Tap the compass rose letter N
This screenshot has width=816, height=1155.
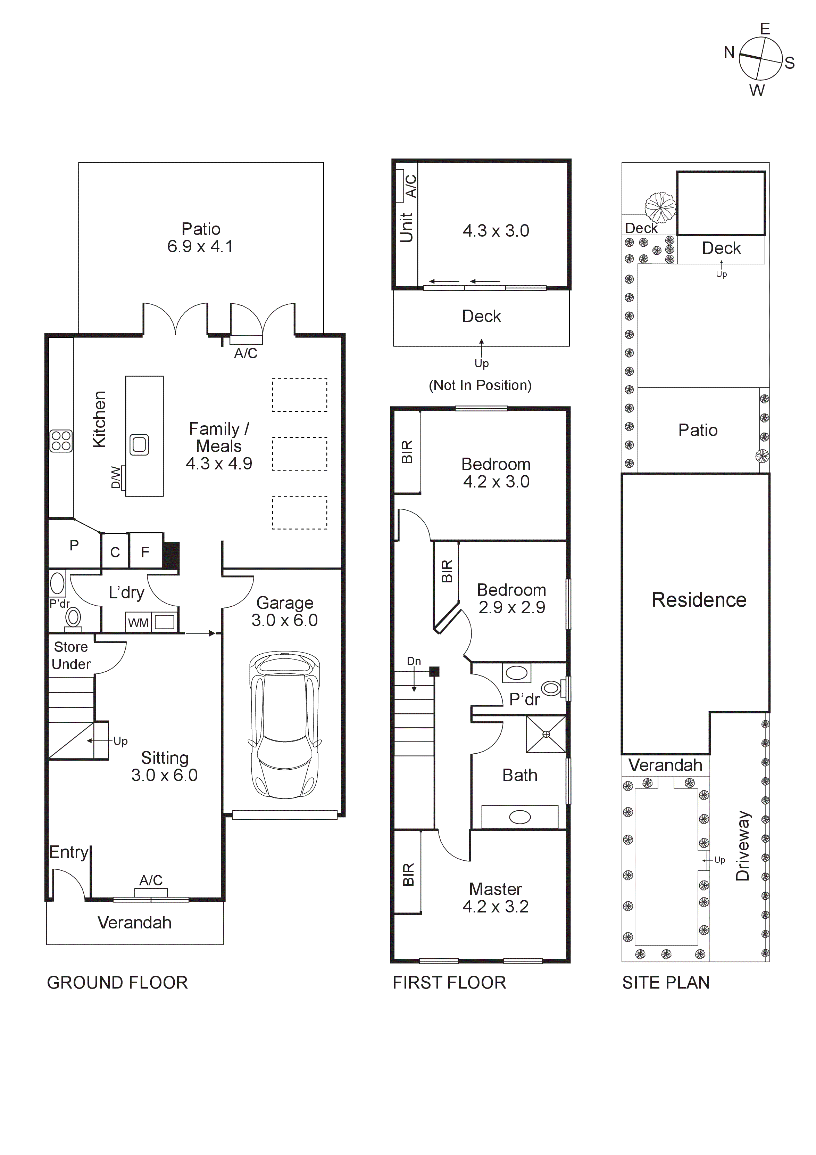[x=729, y=52]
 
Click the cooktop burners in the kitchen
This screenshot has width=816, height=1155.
[x=61, y=441]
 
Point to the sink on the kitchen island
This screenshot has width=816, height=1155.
[x=139, y=445]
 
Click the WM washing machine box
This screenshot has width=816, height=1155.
[x=138, y=622]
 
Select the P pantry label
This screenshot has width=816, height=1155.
[x=74, y=545]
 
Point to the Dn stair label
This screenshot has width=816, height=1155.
[x=414, y=661]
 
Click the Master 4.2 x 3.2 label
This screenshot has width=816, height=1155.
[x=496, y=898]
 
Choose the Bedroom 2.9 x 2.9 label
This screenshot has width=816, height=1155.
[x=511, y=599]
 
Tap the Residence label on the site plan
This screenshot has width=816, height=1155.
[x=699, y=600]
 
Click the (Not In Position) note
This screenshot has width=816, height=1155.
[x=480, y=385]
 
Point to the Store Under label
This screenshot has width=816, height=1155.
[x=71, y=655]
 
